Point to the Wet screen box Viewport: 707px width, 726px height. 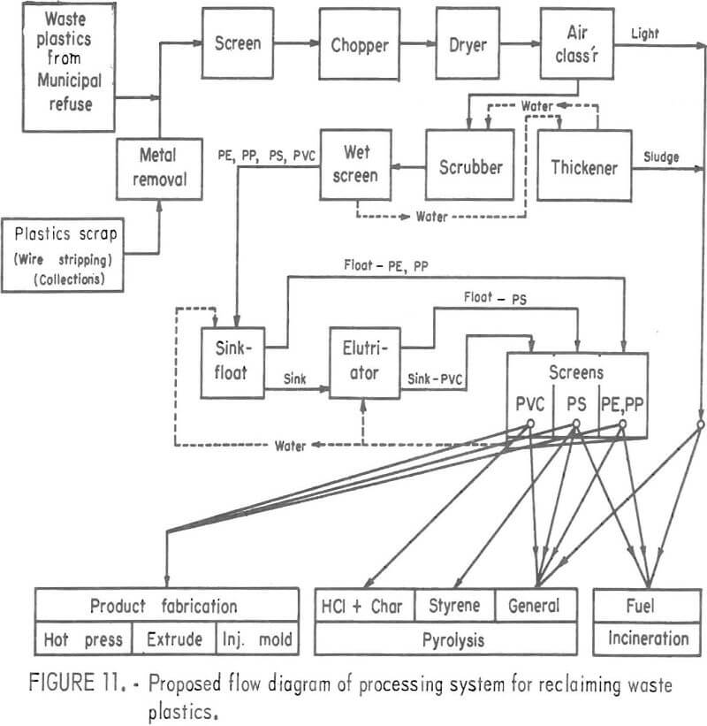[355, 164]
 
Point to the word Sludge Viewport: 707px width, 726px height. [661, 157]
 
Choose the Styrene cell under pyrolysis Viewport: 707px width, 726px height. [453, 606]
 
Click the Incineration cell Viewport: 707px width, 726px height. [648, 638]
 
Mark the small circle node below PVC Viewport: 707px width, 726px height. [532, 425]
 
